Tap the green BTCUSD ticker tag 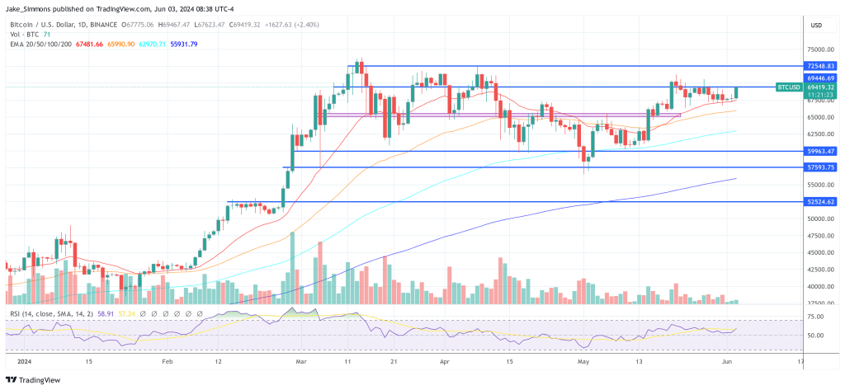pyautogui.click(x=789, y=87)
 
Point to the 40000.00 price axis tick pyautogui.click(x=819, y=286)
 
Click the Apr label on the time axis pyautogui.click(x=444, y=361)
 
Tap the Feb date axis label pyautogui.click(x=168, y=361)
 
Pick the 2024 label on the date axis pyautogui.click(x=17, y=361)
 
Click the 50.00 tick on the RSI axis pyautogui.click(x=817, y=336)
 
